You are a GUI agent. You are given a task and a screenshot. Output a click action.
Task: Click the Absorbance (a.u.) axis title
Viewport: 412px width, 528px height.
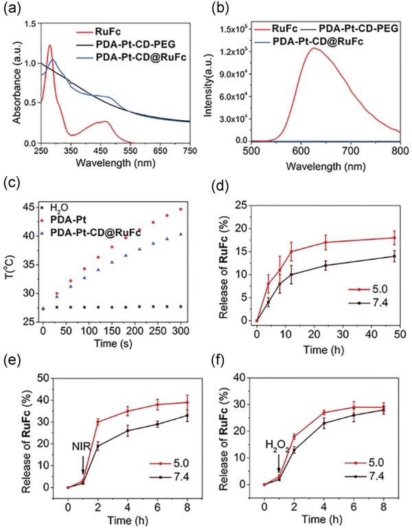[x=9, y=74]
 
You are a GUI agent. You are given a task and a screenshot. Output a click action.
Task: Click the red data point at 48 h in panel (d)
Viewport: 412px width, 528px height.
[x=393, y=238]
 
